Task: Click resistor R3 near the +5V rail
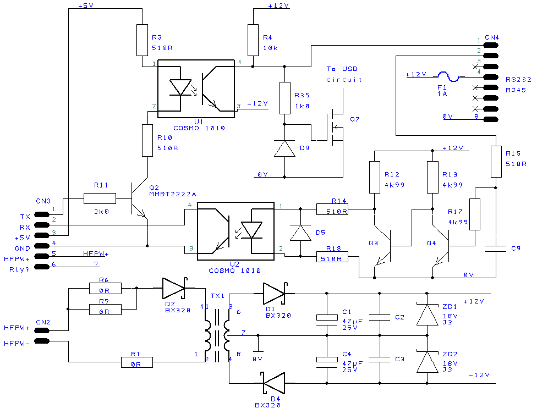point(143,40)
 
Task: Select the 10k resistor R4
point(253,40)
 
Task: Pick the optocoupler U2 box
point(235,231)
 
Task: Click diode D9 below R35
point(284,148)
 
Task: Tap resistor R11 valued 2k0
point(100,198)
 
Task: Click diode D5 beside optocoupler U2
point(300,233)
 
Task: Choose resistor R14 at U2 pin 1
point(332,209)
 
